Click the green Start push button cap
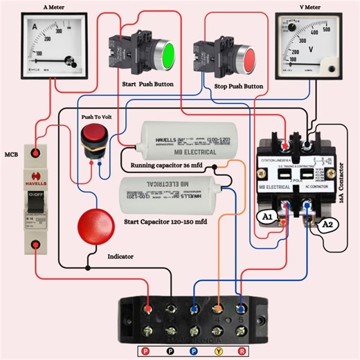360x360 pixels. click(x=165, y=55)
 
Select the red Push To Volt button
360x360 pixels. click(x=93, y=136)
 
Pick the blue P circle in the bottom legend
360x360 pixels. click(x=196, y=351)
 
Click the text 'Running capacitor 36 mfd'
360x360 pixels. click(x=170, y=168)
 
